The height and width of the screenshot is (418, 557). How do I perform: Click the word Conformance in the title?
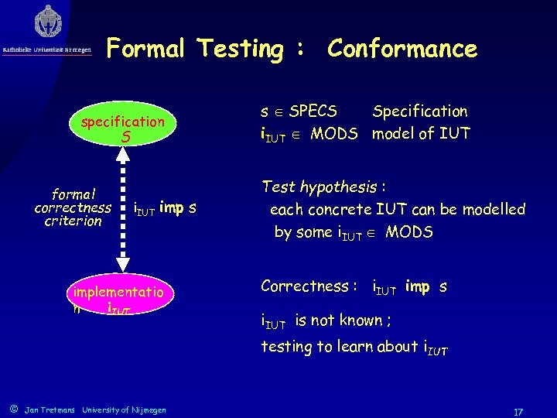click(402, 49)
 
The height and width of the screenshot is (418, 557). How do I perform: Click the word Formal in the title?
click(145, 49)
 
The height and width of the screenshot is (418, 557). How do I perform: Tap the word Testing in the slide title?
click(241, 49)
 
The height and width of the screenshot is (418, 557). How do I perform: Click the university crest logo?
click(48, 23)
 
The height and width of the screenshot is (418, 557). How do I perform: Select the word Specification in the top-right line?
click(420, 111)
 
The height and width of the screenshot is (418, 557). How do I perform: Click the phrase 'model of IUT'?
click(421, 133)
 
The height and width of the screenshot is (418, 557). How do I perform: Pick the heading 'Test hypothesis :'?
click(324, 187)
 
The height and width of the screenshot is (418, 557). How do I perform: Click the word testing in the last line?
click(285, 347)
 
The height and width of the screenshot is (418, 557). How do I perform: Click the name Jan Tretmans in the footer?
click(50, 409)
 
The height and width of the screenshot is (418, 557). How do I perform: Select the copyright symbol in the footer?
click(12, 408)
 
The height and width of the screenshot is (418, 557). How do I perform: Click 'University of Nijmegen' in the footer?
click(124, 409)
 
